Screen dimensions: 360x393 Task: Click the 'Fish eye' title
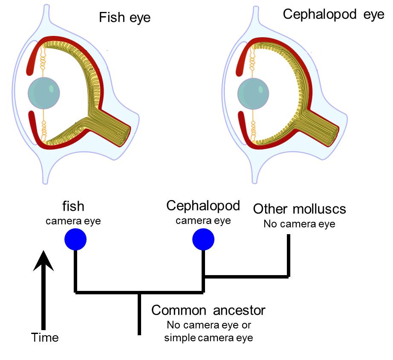[x=125, y=17]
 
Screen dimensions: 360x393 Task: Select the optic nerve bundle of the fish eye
[x=111, y=127]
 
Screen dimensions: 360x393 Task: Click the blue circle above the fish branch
[x=75, y=239]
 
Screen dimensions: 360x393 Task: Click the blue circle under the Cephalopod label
[x=203, y=240]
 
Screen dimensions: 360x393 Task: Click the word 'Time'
[x=45, y=338]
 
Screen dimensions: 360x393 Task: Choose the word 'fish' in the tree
[x=73, y=206]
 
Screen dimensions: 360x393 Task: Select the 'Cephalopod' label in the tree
[x=203, y=206]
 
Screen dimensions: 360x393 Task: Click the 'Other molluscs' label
[x=299, y=209]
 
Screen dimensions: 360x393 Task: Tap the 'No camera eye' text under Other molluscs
[x=299, y=223]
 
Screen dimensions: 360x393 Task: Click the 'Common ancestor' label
[x=208, y=310]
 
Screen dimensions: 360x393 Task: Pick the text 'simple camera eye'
[x=209, y=338]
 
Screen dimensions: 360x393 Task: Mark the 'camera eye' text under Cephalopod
[x=203, y=221]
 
